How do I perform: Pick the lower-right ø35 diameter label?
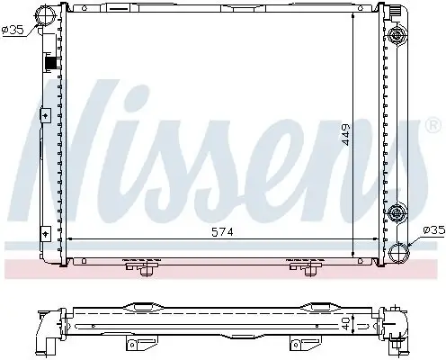pyautogui.click(x=432, y=230)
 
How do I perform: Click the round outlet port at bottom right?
pyautogui.click(x=398, y=251)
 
